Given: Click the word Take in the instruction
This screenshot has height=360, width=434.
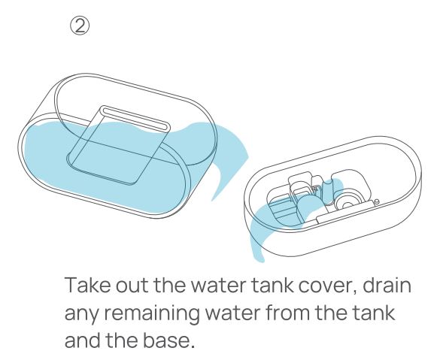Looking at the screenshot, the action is click(x=88, y=285).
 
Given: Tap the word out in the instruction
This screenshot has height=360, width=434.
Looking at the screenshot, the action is click(x=132, y=286).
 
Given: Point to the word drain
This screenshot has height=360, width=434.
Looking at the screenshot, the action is click(x=387, y=285).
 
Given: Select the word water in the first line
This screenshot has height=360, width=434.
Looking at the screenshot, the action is click(x=218, y=286).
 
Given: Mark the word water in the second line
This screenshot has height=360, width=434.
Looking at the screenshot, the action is click(x=232, y=313).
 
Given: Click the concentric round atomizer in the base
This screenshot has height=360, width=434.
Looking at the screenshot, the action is click(x=346, y=204).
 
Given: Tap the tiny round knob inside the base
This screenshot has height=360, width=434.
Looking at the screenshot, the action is click(x=376, y=201).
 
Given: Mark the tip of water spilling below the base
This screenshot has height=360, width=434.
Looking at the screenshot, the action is click(x=259, y=259).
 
